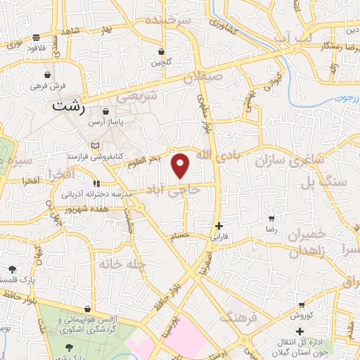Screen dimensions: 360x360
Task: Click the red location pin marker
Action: pyautogui.click(x=181, y=165)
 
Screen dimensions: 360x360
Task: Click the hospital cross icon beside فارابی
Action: pyautogui.click(x=219, y=226)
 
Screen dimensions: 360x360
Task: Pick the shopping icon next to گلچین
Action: pyautogui.click(x=162, y=51)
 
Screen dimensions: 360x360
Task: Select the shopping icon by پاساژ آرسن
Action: pyautogui.click(x=105, y=111)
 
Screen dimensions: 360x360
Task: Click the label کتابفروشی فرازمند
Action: pyautogui.click(x=117, y=153)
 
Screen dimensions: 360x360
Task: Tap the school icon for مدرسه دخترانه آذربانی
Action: pyautogui.click(x=95, y=185)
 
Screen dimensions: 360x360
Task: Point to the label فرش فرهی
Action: pyautogui.click(x=47, y=85)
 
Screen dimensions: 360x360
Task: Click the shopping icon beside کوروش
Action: pyautogui.click(x=301, y=306)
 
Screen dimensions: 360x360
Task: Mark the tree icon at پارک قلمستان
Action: pyautogui.click(x=12, y=269)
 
